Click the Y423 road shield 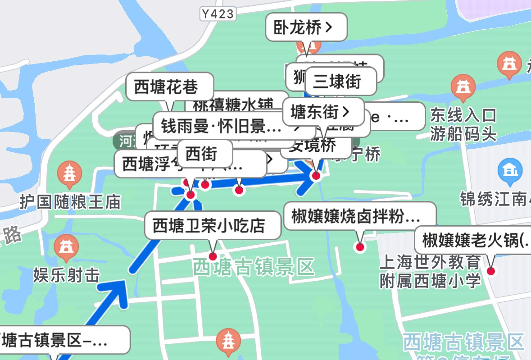click(218, 14)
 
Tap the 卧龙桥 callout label click(306, 27)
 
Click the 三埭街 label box click(340, 81)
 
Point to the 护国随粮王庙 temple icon click(70, 175)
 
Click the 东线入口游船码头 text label click(463, 124)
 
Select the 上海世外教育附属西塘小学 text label click(431, 272)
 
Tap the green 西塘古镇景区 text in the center click(253, 267)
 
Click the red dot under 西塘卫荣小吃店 click(213, 256)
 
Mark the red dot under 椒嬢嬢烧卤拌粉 click(360, 246)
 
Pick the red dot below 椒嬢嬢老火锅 click(490, 271)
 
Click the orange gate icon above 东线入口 click(463, 88)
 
